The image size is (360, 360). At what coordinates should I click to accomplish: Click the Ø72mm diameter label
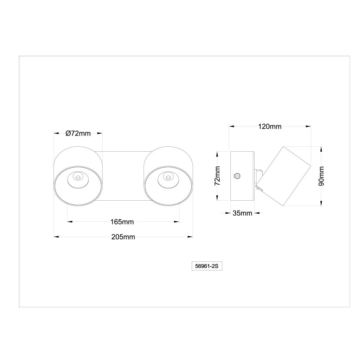coord(78,133)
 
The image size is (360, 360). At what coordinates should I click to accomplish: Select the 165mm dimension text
coord(122,222)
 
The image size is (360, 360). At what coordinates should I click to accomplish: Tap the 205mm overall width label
coord(123,237)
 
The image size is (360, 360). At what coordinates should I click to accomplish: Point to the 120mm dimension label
coord(270,126)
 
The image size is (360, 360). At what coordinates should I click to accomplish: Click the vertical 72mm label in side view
coord(217,176)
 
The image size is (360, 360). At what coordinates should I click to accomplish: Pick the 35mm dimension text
coord(242,213)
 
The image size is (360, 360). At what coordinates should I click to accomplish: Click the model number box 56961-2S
coord(207,266)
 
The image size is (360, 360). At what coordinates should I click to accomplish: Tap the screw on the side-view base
coord(237,176)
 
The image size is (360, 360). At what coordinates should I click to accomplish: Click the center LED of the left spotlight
coord(78,177)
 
